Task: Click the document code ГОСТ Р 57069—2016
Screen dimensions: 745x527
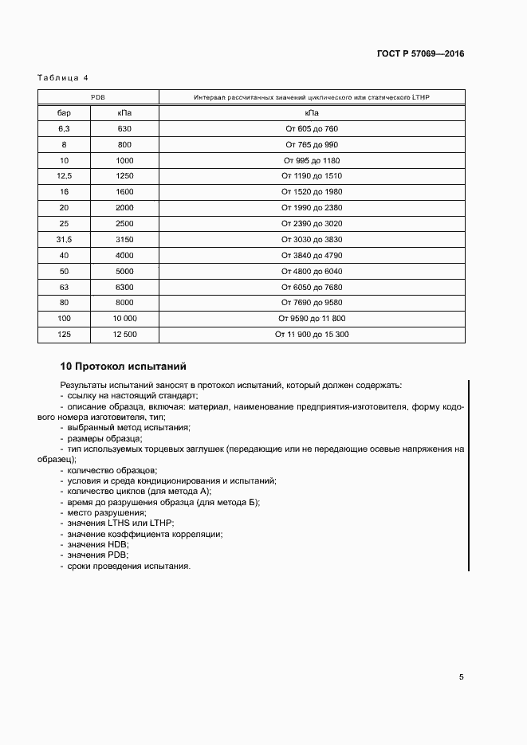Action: click(x=420, y=54)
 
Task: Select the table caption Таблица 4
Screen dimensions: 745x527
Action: click(x=63, y=77)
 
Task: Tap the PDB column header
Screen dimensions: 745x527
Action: click(x=98, y=97)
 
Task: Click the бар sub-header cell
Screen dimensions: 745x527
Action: click(x=65, y=113)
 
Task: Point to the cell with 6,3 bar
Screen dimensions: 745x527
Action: click(x=65, y=128)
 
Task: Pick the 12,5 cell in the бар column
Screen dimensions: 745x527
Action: click(x=65, y=175)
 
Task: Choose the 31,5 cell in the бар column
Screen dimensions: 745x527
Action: click(x=65, y=239)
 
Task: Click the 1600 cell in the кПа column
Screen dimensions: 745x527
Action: click(x=124, y=191)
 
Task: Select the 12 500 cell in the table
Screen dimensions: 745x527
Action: click(x=124, y=334)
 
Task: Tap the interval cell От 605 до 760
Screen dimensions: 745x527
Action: click(x=312, y=128)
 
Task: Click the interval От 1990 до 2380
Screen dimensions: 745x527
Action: click(x=312, y=207)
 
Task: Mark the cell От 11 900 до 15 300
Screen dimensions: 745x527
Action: click(x=312, y=334)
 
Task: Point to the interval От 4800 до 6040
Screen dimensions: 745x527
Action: click(x=312, y=271)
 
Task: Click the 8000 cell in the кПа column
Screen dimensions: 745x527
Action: click(x=124, y=303)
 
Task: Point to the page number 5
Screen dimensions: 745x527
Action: click(x=461, y=677)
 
